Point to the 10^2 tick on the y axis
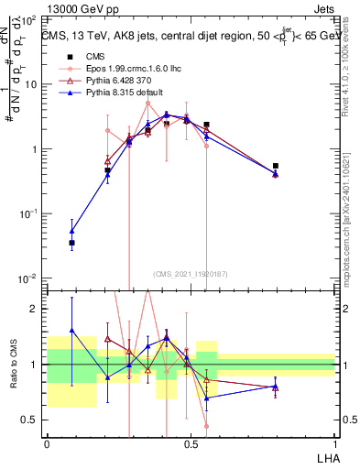click(30, 19)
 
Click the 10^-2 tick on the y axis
click(28, 278)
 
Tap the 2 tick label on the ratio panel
click(36, 309)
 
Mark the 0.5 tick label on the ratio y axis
click(31, 420)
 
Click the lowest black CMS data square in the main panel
click(72, 243)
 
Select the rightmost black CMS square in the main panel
click(276, 167)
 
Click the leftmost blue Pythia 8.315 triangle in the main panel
click(72, 232)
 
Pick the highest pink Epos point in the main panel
click(147, 104)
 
